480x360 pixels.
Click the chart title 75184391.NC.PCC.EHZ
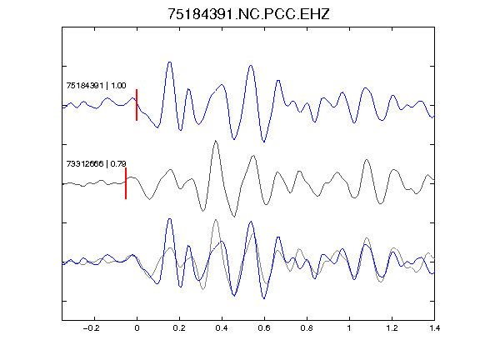[x=248, y=14]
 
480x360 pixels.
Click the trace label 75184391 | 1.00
[x=96, y=85]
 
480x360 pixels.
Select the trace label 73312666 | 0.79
[x=96, y=164]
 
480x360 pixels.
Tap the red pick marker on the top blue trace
[x=137, y=105]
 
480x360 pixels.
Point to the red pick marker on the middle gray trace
[x=126, y=183]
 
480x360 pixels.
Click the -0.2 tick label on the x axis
[x=92, y=328]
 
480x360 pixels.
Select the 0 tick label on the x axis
[x=137, y=328]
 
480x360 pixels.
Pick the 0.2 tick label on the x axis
[x=179, y=328]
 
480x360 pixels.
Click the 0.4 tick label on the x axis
[x=222, y=328]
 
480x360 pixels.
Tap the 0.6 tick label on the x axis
[x=264, y=328]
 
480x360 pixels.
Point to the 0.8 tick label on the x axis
[x=307, y=328]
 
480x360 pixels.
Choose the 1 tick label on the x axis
[x=349, y=328]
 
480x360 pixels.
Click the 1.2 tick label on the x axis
[x=392, y=328]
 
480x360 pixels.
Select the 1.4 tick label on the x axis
[x=434, y=328]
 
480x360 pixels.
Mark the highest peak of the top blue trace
[x=170, y=62]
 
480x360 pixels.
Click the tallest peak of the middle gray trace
[x=216, y=141]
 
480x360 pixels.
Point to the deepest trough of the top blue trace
[x=264, y=142]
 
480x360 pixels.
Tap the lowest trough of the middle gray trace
[x=234, y=217]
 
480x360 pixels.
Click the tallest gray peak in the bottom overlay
[x=216, y=219]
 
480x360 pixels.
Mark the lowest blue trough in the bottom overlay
[x=264, y=298]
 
